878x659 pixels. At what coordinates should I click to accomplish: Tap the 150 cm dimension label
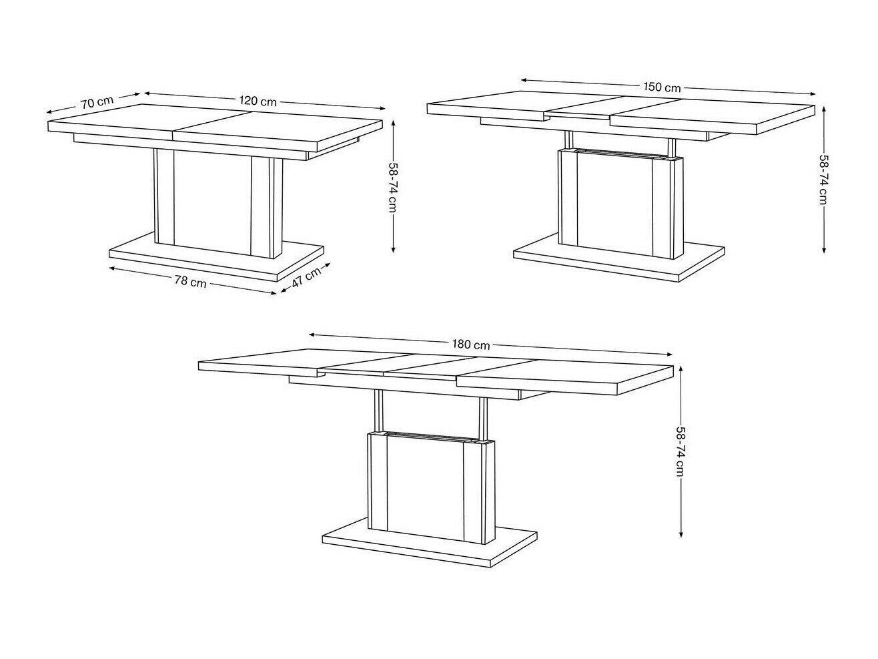point(662,87)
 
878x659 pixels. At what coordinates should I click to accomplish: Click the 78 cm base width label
point(190,282)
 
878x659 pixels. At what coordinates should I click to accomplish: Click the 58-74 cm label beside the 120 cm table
point(393,186)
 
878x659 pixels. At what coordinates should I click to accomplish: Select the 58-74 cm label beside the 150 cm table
point(823,179)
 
